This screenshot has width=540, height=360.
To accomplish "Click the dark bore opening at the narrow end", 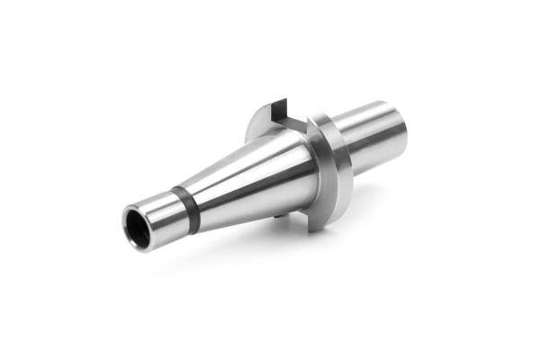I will [x=138, y=229].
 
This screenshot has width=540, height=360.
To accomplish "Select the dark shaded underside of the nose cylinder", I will [x=378, y=157].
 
